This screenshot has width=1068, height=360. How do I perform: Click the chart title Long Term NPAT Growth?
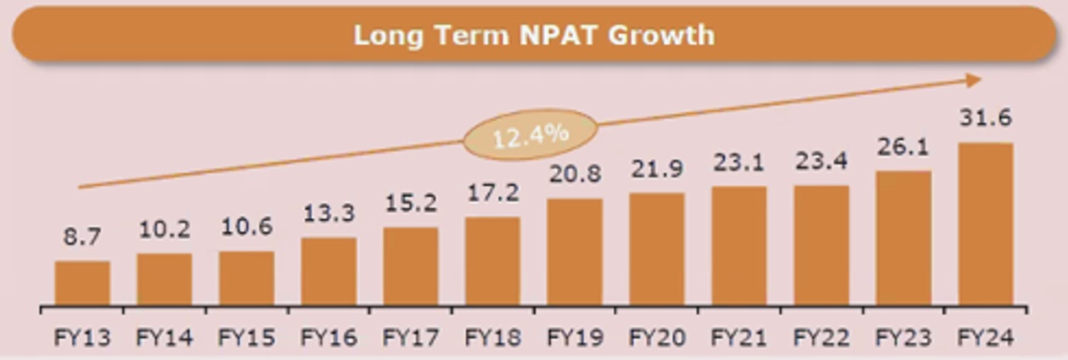[x=533, y=36]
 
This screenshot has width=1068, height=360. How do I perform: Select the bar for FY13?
[x=82, y=283]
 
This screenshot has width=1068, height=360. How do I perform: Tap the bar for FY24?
[x=986, y=223]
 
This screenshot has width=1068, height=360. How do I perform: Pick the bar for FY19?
[x=575, y=251]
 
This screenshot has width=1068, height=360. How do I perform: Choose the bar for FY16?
[x=329, y=271]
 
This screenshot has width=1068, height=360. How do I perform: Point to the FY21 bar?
[x=739, y=245]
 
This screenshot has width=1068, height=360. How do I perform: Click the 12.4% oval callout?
[x=531, y=134]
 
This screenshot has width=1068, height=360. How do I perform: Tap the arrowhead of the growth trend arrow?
[x=974, y=80]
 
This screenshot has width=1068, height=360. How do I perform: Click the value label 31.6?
[x=985, y=117]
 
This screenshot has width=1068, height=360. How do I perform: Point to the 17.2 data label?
[x=492, y=193]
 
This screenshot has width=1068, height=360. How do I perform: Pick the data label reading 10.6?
[x=246, y=228]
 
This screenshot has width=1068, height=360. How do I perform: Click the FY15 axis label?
[x=246, y=338]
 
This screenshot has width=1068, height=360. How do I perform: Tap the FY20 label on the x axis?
[x=656, y=338]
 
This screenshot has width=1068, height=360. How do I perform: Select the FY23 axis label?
[x=902, y=338]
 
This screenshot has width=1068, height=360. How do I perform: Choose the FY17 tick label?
[x=410, y=338]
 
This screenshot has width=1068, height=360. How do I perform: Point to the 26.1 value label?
[x=903, y=148]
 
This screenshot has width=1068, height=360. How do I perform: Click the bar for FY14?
[x=164, y=279]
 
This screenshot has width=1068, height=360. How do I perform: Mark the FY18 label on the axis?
[x=492, y=338]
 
